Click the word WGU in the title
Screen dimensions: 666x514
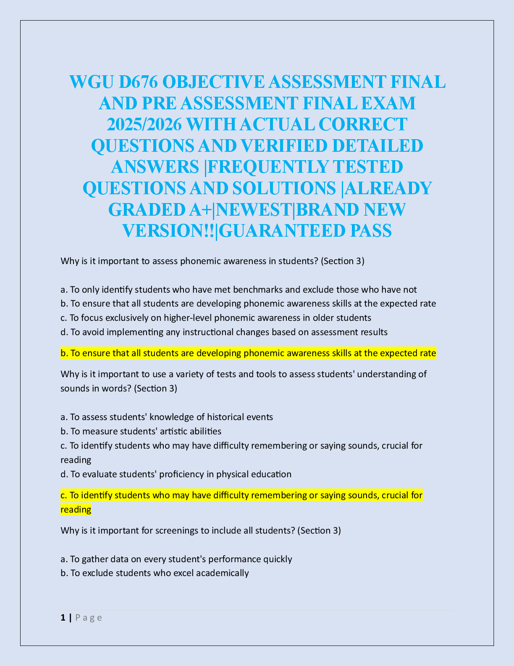pyautogui.click(x=91, y=82)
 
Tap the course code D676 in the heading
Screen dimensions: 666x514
pyautogui.click(x=137, y=82)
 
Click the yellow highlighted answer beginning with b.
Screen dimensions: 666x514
pyautogui.click(x=248, y=353)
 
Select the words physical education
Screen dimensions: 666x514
pyautogui.click(x=254, y=474)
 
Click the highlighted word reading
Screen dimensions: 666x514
pyautogui.click(x=76, y=510)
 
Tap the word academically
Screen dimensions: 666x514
pyautogui.click(x=222, y=573)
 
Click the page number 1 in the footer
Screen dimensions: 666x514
pyautogui.click(x=63, y=618)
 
